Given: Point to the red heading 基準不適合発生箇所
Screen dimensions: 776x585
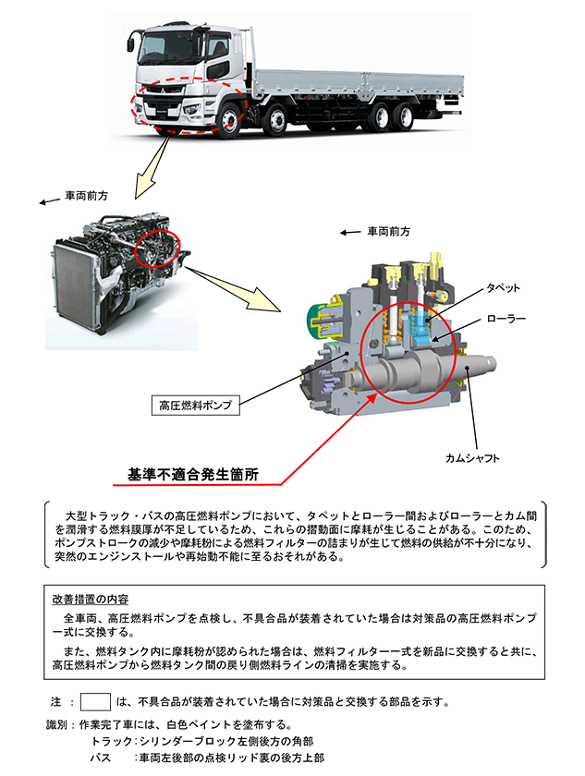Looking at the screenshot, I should (x=192, y=477).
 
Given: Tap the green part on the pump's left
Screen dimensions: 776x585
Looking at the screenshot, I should (x=314, y=318).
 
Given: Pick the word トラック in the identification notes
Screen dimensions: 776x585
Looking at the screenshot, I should (x=110, y=741).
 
